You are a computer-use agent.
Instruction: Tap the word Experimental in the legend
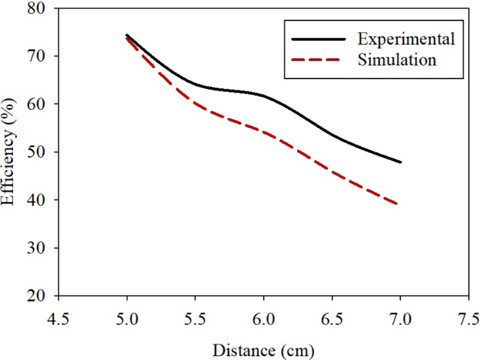(406, 39)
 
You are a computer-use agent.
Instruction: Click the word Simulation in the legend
(397, 60)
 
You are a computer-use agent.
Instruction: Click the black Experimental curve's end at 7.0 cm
(400, 162)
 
